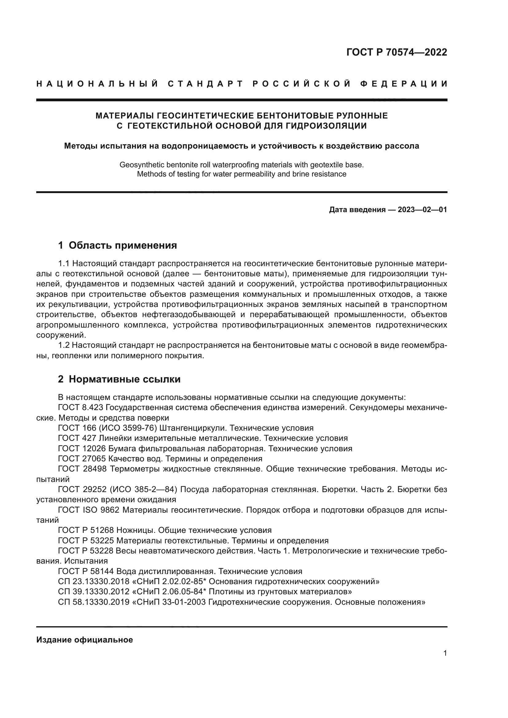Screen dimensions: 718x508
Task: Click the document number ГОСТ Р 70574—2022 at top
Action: pyautogui.click(x=396, y=52)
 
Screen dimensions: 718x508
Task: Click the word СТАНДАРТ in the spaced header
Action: pyautogui.click(x=205, y=84)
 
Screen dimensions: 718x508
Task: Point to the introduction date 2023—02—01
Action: pyautogui.click(x=422, y=210)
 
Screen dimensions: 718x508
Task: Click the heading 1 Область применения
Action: pyautogui.click(x=118, y=246)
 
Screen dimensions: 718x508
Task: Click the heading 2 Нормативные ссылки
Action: pyautogui.click(x=119, y=379)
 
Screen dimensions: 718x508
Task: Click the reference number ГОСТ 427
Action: pyautogui.click(x=77, y=438)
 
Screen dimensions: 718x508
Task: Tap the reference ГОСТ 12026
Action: pyautogui.click(x=82, y=449)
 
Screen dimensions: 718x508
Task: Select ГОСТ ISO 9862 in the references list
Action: pyautogui.click(x=88, y=510)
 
